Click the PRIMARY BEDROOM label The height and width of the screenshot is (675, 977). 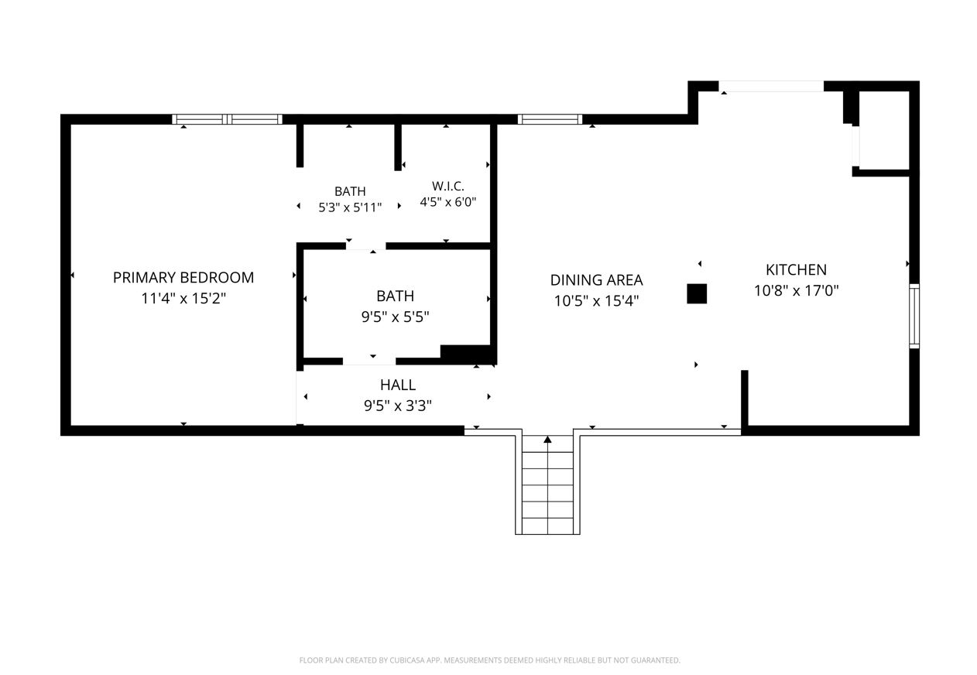[183, 277]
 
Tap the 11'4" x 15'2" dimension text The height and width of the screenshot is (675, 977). [183, 298]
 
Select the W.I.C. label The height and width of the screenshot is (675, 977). [448, 187]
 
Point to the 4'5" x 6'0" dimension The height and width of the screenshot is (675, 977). [448, 202]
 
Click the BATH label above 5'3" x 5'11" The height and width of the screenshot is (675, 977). [350, 191]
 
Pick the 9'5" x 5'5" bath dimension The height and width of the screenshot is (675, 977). [395, 317]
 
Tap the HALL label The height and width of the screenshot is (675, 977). [398, 385]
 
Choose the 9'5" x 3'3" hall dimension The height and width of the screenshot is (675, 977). [398, 406]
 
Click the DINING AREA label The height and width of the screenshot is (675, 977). [596, 280]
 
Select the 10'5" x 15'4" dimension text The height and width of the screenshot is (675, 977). [596, 300]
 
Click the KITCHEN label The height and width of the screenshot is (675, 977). [796, 269]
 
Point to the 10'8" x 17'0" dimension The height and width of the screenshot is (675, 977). [796, 290]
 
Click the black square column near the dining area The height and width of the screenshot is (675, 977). [697, 293]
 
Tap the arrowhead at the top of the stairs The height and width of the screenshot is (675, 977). [547, 439]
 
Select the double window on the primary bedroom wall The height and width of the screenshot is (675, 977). [227, 119]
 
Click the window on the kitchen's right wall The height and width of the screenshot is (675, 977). [914, 316]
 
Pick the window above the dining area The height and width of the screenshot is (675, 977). [550, 119]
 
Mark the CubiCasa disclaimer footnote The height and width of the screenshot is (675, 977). [489, 660]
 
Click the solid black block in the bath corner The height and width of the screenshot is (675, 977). [467, 354]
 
